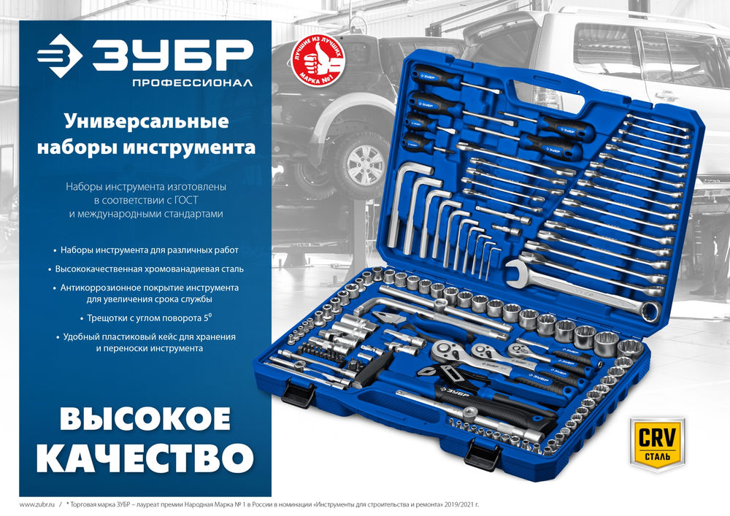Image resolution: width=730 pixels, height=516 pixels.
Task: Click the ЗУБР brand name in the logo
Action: click(172, 55)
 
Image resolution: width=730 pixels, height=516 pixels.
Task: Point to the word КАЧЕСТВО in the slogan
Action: click(145, 458)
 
